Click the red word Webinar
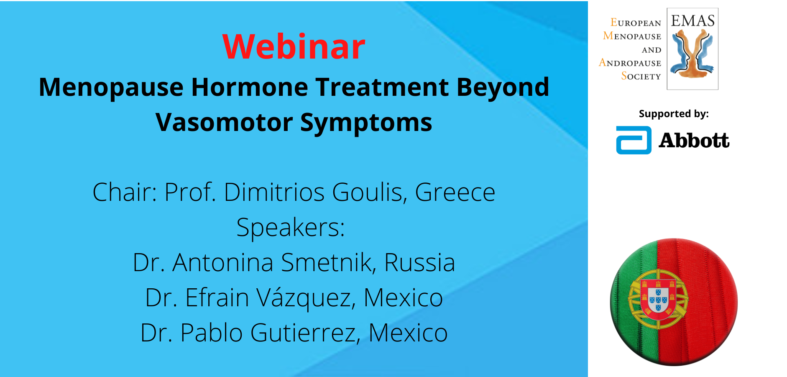[294, 46]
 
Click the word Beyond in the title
[503, 88]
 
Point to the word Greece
[455, 192]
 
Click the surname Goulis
[370, 192]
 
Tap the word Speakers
[291, 228]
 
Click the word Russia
[419, 263]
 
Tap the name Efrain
[217, 298]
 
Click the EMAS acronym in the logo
[693, 21]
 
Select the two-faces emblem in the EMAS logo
[692, 54]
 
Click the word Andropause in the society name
[630, 63]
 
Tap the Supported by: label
[674, 114]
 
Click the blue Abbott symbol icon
[634, 140]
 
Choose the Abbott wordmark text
[694, 140]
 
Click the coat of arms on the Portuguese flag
[658, 298]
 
